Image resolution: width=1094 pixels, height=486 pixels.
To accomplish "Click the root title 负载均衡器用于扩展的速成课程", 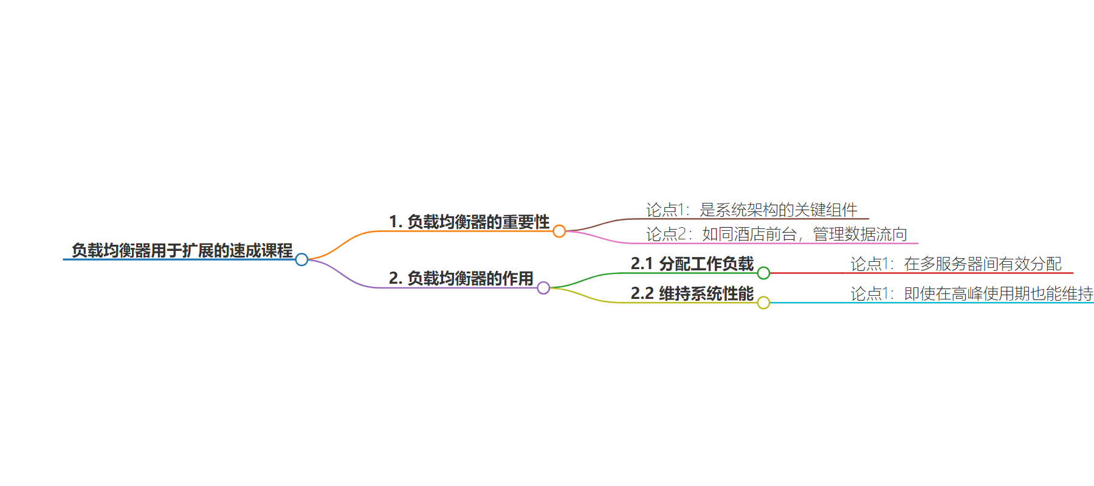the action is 182,250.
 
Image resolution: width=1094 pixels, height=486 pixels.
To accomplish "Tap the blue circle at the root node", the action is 301,259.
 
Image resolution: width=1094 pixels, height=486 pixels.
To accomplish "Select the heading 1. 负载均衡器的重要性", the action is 469,222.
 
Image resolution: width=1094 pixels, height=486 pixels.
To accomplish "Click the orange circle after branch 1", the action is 559,231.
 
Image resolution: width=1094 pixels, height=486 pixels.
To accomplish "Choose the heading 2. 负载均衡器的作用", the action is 461,278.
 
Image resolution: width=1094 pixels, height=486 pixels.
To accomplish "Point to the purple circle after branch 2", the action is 543,288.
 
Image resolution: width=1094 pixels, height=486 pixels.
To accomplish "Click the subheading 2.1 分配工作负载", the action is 692,264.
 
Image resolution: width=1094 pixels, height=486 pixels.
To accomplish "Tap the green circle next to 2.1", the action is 763,273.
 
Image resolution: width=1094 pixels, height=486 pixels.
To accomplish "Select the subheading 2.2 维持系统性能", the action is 692,293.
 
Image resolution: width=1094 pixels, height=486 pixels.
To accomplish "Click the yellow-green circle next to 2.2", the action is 763,303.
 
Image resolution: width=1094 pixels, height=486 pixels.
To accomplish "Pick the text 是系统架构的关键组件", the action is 779,210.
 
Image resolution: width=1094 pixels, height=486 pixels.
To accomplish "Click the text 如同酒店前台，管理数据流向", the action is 805,234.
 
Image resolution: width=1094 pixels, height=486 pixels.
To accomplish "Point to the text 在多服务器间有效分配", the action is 983,264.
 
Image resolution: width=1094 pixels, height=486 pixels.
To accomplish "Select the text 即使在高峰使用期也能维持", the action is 999,293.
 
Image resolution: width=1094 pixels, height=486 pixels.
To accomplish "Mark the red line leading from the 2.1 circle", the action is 921,273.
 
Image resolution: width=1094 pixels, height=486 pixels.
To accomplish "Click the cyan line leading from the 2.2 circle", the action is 932,303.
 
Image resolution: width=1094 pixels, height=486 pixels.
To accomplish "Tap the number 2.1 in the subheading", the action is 642,264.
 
